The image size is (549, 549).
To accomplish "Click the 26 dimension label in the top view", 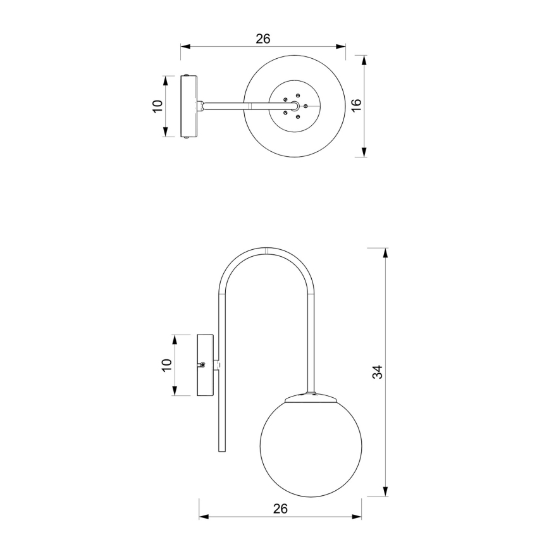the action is point(263,39).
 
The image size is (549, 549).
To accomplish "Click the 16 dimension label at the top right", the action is point(355,106).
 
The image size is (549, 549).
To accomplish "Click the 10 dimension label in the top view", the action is point(157,106).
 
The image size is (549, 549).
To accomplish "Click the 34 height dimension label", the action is point(378,372).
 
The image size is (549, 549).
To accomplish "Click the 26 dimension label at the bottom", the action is point(281,508).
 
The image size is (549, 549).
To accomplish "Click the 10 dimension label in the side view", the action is point(166,365).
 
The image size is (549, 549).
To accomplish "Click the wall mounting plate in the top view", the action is point(188,106).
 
